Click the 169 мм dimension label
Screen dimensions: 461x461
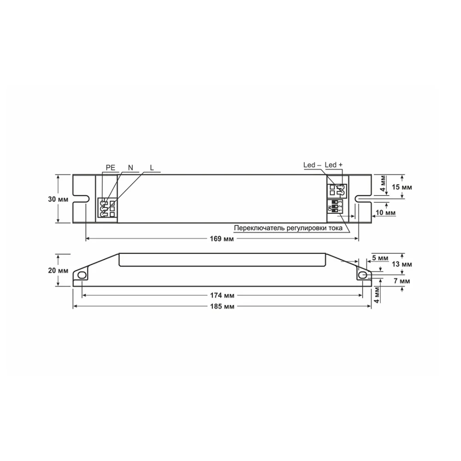pyautogui.click(x=222, y=239)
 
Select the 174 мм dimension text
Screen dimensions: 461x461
pyautogui.click(x=222, y=295)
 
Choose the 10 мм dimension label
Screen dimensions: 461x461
pyautogui.click(x=387, y=213)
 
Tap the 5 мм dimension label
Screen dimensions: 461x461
pyautogui.click(x=381, y=257)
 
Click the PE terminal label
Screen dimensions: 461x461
pyautogui.click(x=111, y=168)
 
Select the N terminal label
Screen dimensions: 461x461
pyautogui.click(x=130, y=168)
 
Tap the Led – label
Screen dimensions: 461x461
pyautogui.click(x=312, y=165)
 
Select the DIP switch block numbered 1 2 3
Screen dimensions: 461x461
pyautogui.click(x=337, y=206)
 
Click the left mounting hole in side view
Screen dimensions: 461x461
pyautogui.click(x=82, y=275)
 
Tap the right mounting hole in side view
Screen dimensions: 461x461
pyautogui.click(x=363, y=275)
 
